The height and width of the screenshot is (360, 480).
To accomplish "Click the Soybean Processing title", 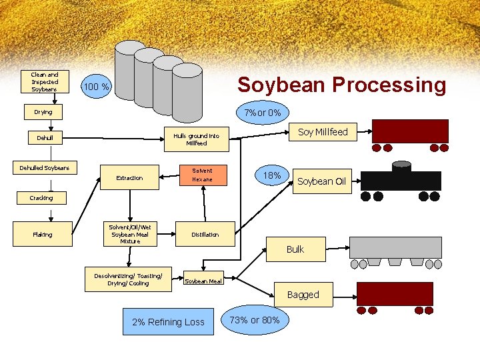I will pyautogui.click(x=341, y=85).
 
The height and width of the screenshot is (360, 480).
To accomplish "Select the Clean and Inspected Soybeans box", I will pyautogui.click(x=45, y=82).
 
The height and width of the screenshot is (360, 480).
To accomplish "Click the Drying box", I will pyautogui.click(x=44, y=112).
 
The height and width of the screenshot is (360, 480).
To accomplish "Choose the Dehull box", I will pyautogui.click(x=45, y=138).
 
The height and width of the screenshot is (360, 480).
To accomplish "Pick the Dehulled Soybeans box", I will pyautogui.click(x=45, y=168).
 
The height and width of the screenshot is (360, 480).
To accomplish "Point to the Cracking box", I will pyautogui.click(x=41, y=198).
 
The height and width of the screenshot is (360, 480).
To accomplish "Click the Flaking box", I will pyautogui.click(x=43, y=234).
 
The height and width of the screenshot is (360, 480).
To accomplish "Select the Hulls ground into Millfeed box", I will pyautogui.click(x=196, y=139).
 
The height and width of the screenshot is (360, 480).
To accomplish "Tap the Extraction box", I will pyautogui.click(x=129, y=178).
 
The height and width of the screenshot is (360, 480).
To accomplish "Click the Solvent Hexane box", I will pyautogui.click(x=202, y=175).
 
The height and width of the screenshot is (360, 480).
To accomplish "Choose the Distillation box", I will pyautogui.click(x=205, y=234).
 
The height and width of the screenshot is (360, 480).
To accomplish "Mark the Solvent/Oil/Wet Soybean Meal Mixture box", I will pyautogui.click(x=130, y=234).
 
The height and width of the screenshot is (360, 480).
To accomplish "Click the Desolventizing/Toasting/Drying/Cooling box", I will pyautogui.click(x=128, y=279).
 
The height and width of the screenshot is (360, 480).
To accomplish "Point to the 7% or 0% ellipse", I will pyautogui.click(x=262, y=112).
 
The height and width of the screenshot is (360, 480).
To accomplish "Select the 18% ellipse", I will pyautogui.click(x=271, y=175).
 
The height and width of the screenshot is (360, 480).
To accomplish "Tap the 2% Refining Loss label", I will pyautogui.click(x=168, y=322).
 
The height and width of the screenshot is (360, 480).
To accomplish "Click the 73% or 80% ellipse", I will pyautogui.click(x=259, y=320).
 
